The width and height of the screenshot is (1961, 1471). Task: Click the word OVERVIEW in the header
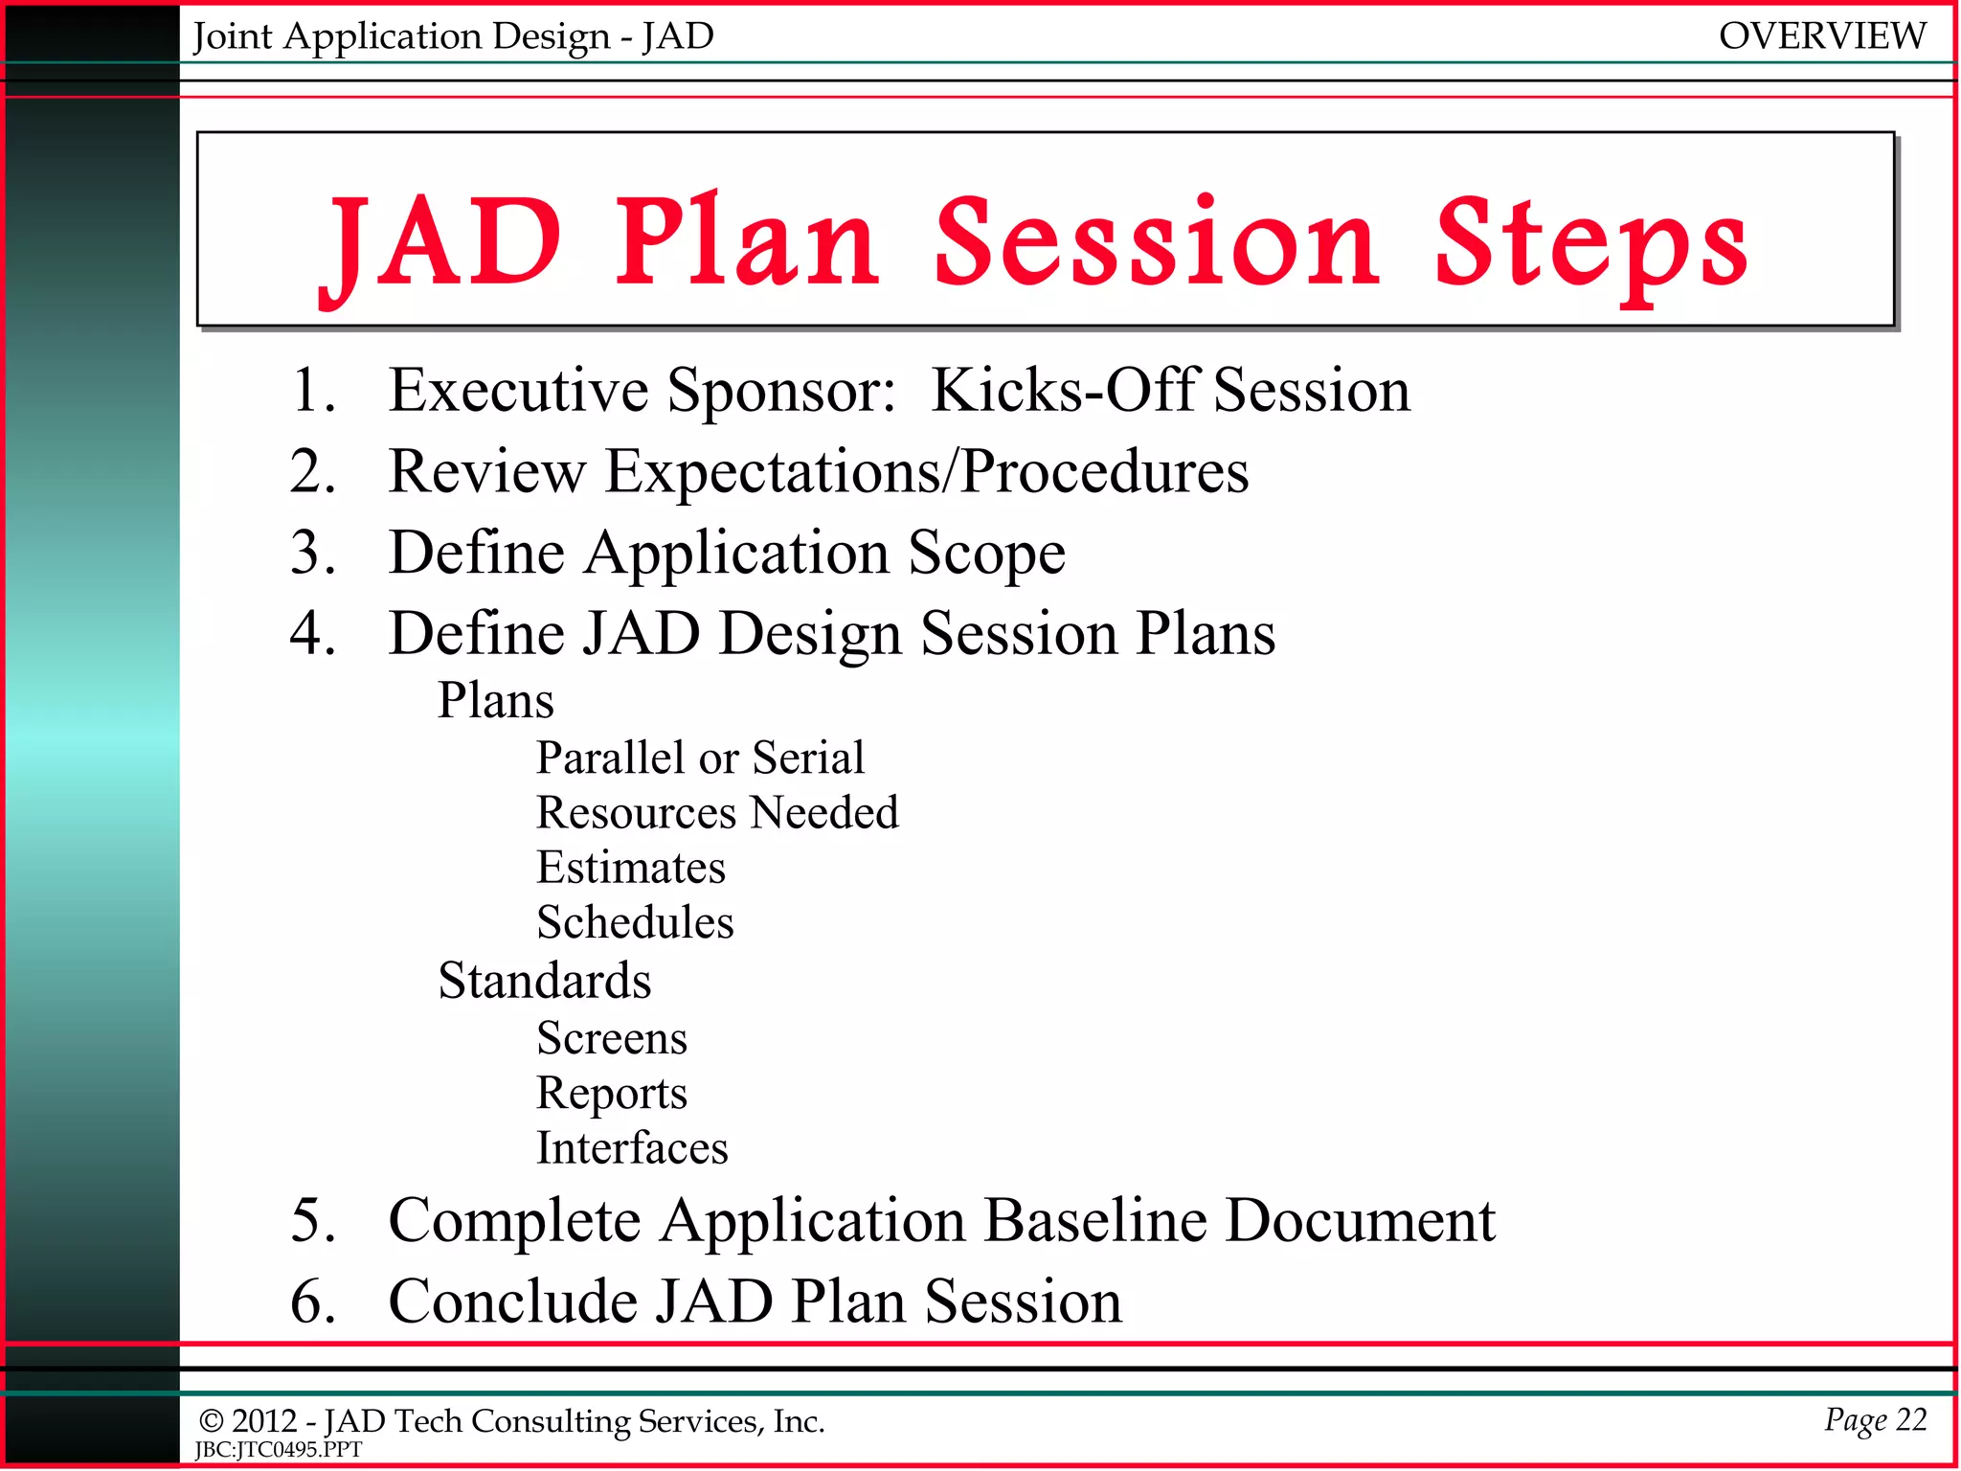click(x=1821, y=36)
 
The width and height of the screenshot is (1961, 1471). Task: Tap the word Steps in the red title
click(x=1590, y=243)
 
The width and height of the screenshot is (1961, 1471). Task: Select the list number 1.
click(x=312, y=391)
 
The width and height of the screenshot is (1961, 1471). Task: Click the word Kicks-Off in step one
click(x=1064, y=391)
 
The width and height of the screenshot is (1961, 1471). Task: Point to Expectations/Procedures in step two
click(x=927, y=472)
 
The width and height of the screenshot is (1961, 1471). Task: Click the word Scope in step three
click(x=985, y=554)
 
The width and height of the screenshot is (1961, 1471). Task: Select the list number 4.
click(x=312, y=634)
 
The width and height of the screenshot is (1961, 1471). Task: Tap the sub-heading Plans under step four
click(x=495, y=700)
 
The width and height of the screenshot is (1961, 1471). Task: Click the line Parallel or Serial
click(x=700, y=758)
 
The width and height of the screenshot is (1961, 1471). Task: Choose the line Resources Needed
click(x=717, y=812)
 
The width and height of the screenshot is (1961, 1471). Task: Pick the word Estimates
click(x=631, y=868)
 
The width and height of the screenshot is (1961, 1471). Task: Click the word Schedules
click(x=635, y=922)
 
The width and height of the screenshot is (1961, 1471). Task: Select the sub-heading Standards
click(x=544, y=981)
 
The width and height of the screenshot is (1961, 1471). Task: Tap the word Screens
click(x=612, y=1038)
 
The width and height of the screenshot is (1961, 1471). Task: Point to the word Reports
click(x=612, y=1094)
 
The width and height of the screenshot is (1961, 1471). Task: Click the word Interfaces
click(x=632, y=1148)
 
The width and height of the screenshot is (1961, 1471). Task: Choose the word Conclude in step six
click(x=513, y=1301)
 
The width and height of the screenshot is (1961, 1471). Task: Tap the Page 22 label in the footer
click(x=1874, y=1419)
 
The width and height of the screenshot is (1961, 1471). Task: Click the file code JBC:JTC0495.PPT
click(x=279, y=1450)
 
